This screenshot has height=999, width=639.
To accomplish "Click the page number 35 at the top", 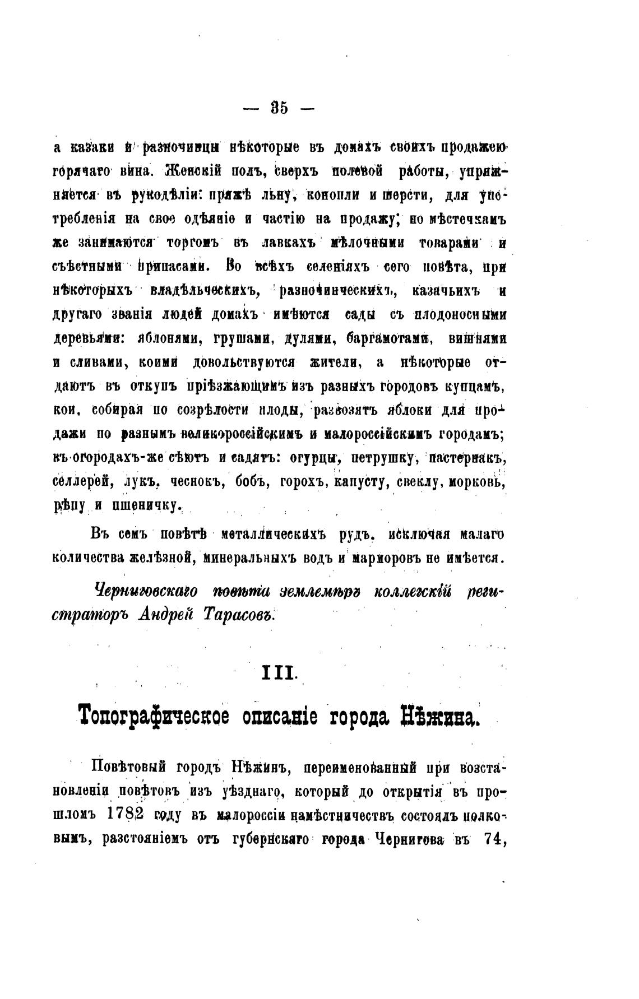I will pyautogui.click(x=280, y=108).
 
